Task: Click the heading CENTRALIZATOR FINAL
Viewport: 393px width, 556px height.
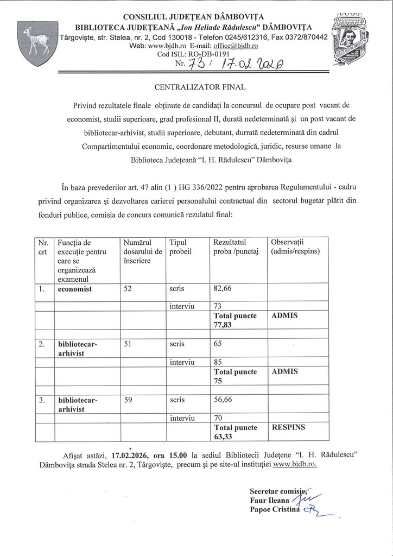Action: click(x=196, y=86)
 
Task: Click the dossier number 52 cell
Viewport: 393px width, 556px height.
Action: click(x=128, y=289)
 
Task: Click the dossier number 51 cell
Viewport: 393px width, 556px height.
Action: click(x=128, y=344)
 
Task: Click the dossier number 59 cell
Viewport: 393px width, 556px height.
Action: click(x=128, y=400)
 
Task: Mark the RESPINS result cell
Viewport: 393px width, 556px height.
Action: click(x=288, y=427)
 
